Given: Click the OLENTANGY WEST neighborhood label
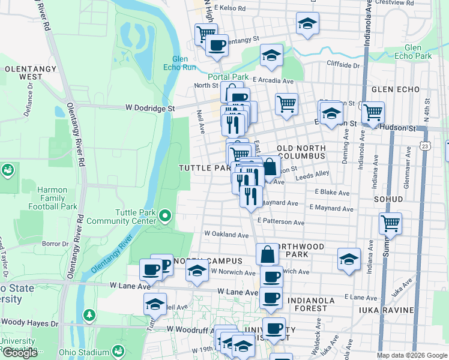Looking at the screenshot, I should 23,73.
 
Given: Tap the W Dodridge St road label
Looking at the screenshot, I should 149,108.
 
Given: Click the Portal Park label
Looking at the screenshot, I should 228,77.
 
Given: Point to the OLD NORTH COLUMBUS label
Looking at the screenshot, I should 301,152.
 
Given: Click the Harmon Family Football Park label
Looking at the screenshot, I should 53,198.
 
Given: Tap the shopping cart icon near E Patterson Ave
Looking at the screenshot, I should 391,223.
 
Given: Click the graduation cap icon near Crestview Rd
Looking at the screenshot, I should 307,23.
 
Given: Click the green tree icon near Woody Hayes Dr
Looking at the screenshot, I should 89,314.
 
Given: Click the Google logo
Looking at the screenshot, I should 20,353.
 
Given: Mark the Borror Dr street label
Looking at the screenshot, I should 56,244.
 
